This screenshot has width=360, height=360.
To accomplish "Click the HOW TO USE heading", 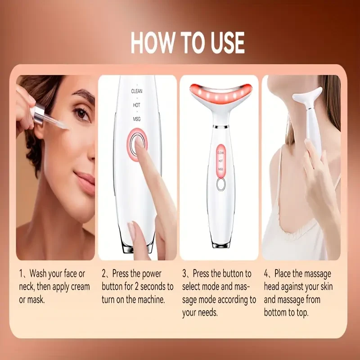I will pos(188,43).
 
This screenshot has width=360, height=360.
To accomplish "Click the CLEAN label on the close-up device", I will pos(137,90).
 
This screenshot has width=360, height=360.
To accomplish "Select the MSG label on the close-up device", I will pos(137,119).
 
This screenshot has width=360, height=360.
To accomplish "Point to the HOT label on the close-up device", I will pos(137,105).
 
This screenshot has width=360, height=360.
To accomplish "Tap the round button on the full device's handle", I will pos(220,184).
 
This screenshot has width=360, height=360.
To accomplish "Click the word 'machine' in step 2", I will pos(151,299).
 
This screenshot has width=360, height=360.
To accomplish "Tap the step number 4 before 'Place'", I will pos(267,274).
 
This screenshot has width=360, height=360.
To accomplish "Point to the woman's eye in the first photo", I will pos(81,114).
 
